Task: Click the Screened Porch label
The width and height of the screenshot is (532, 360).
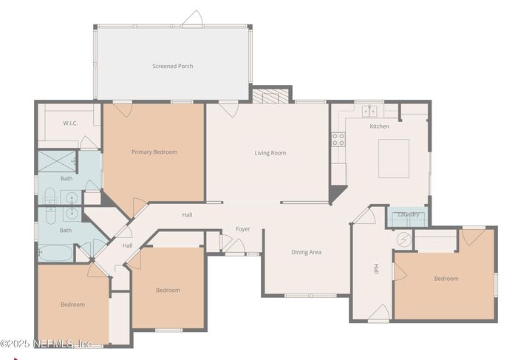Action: point(172,66)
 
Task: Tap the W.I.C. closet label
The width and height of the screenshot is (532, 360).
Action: point(71,123)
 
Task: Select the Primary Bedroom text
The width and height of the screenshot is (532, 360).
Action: point(154,152)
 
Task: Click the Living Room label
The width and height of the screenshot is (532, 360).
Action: point(270,153)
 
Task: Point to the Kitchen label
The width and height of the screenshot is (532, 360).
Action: point(379,126)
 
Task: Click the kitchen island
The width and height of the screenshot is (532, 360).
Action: point(394,158)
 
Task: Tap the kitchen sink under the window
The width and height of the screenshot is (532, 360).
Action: point(369,112)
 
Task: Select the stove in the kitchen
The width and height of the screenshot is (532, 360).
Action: point(338,138)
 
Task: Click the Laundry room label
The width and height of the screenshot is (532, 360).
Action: point(408,215)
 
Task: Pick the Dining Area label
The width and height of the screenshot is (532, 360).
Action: point(306,252)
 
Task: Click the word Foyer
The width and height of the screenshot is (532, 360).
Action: point(242,229)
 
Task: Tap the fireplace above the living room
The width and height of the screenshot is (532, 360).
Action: point(271,96)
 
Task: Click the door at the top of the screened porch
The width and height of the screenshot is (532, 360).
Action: point(193,18)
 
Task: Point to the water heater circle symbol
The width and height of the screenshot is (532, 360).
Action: point(403,240)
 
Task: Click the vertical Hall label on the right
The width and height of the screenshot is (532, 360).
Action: point(376,269)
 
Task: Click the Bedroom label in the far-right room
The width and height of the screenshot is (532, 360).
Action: point(446,279)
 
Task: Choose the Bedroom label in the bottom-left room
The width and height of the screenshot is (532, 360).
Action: point(72,305)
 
